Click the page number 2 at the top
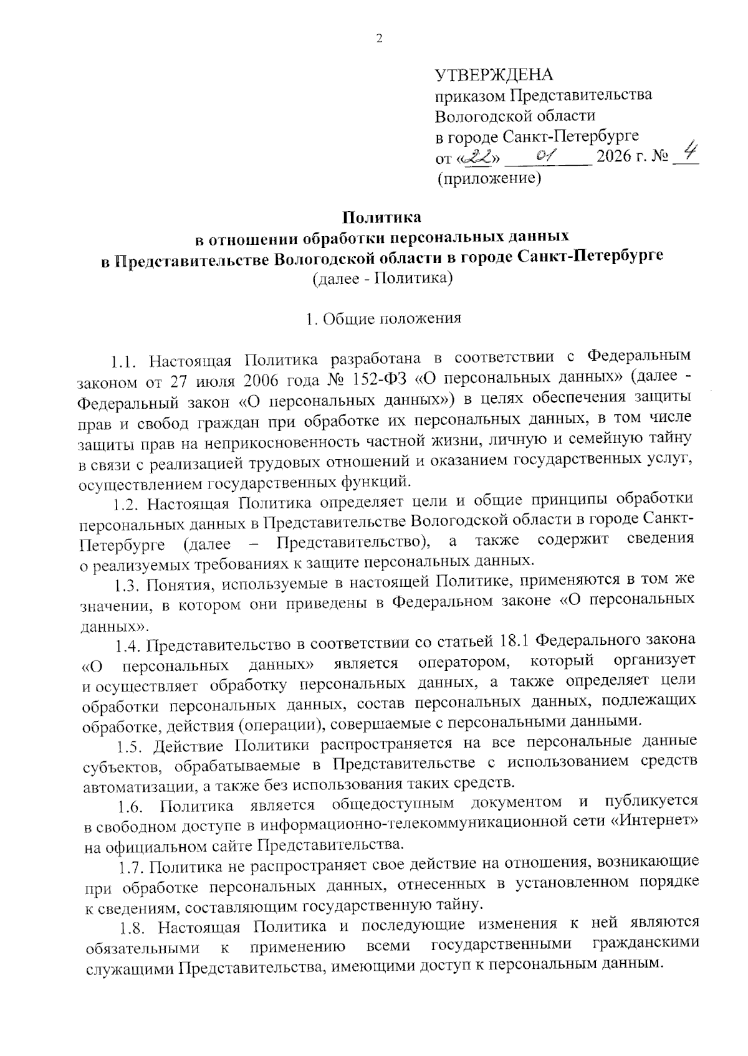(x=379, y=39)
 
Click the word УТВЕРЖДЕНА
(x=494, y=75)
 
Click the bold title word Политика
(x=381, y=217)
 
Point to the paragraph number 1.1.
(x=123, y=361)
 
